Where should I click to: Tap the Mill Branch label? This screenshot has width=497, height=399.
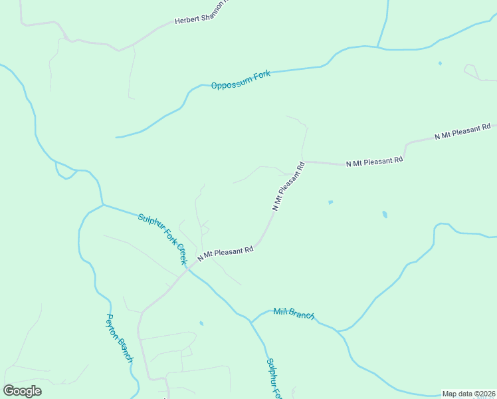pyautogui.click(x=294, y=314)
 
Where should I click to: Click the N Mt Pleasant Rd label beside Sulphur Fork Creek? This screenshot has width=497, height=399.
pyautogui.click(x=225, y=253)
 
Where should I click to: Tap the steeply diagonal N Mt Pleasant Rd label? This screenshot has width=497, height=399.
pyautogui.click(x=288, y=186)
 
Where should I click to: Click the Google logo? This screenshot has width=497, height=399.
pyautogui.click(x=23, y=391)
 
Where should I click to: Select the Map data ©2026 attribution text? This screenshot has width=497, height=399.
pyautogui.click(x=468, y=394)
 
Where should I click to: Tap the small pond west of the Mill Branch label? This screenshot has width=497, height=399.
pyautogui.click(x=201, y=324)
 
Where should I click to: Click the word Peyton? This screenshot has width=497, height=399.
pyautogui.click(x=111, y=324)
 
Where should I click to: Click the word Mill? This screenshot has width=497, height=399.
pyautogui.click(x=280, y=311)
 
